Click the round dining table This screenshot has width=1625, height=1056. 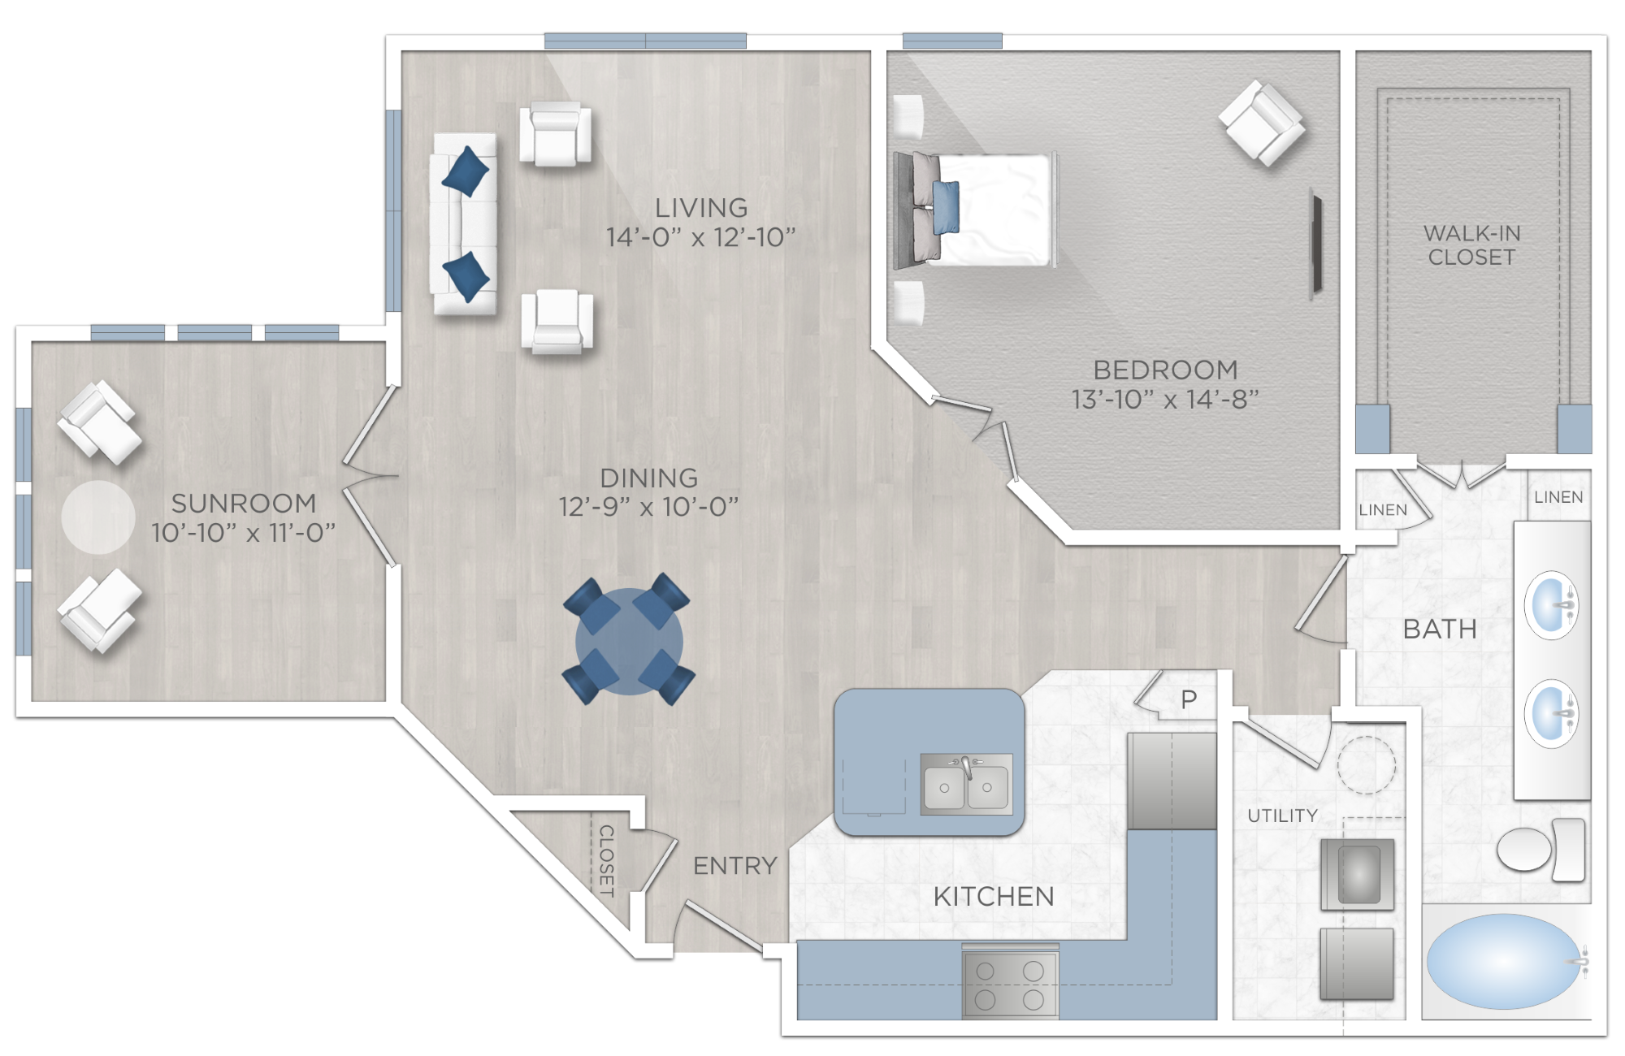tap(629, 642)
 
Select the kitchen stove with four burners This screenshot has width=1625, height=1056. tap(1010, 984)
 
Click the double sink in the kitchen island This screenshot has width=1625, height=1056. tap(966, 785)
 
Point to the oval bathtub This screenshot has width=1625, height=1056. tap(1503, 962)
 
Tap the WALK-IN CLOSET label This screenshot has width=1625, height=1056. tap(1471, 245)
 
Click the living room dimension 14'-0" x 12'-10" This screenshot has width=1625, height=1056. tap(700, 237)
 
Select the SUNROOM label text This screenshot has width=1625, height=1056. tap(244, 504)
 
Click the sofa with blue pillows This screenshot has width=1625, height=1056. tap(464, 223)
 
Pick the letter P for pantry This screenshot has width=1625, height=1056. tap(1189, 699)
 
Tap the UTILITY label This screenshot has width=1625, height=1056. tap(1282, 816)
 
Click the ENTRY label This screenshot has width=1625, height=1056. tap(735, 866)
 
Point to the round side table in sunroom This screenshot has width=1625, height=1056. tap(98, 517)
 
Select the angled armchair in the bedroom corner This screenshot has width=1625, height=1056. tap(1262, 123)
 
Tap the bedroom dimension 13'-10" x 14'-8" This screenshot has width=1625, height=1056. tap(1164, 400)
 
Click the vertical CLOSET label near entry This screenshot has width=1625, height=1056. tap(606, 860)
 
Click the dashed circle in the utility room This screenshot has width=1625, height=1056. tap(1366, 764)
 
